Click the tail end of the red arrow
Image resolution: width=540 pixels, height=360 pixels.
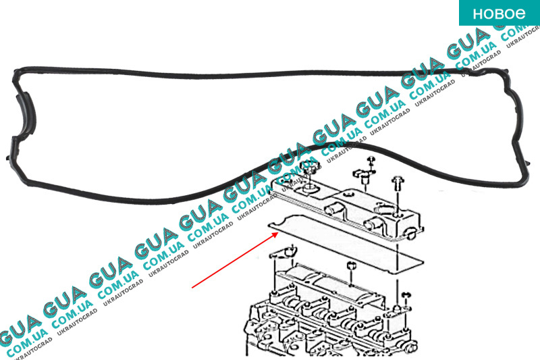[x=193, y=288]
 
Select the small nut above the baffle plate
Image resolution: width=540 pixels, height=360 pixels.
[x=350, y=267]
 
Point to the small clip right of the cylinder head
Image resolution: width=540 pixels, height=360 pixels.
[x=406, y=297]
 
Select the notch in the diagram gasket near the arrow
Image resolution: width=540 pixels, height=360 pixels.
[x=292, y=217]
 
